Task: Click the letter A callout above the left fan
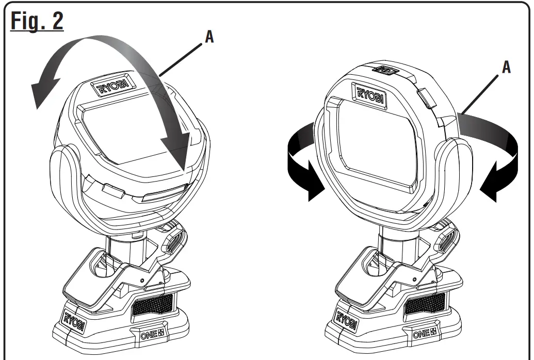209,38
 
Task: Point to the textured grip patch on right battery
424,305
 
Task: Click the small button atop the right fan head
384,69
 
